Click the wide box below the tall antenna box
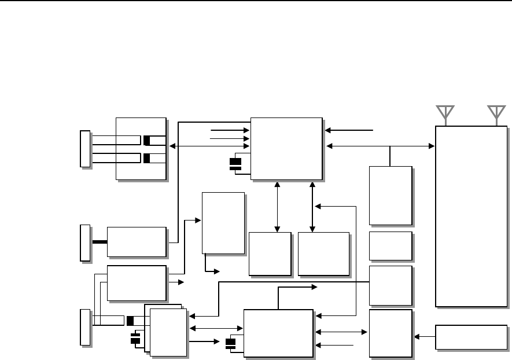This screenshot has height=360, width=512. click(471, 337)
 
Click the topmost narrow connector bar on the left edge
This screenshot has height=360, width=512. click(85, 149)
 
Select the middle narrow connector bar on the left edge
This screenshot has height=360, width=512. click(85, 243)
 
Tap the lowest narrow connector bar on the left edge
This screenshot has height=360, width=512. click(85, 328)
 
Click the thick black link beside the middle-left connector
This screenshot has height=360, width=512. click(100, 241)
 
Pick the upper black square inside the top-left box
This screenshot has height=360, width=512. click(147, 140)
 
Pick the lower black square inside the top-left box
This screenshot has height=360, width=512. click(147, 158)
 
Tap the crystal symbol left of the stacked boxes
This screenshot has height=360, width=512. click(136, 339)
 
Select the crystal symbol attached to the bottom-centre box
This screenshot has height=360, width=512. click(231, 344)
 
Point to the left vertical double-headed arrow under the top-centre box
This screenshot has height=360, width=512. click(278, 206)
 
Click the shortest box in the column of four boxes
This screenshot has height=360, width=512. click(391, 246)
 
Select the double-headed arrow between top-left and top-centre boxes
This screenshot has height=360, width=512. click(209, 146)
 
